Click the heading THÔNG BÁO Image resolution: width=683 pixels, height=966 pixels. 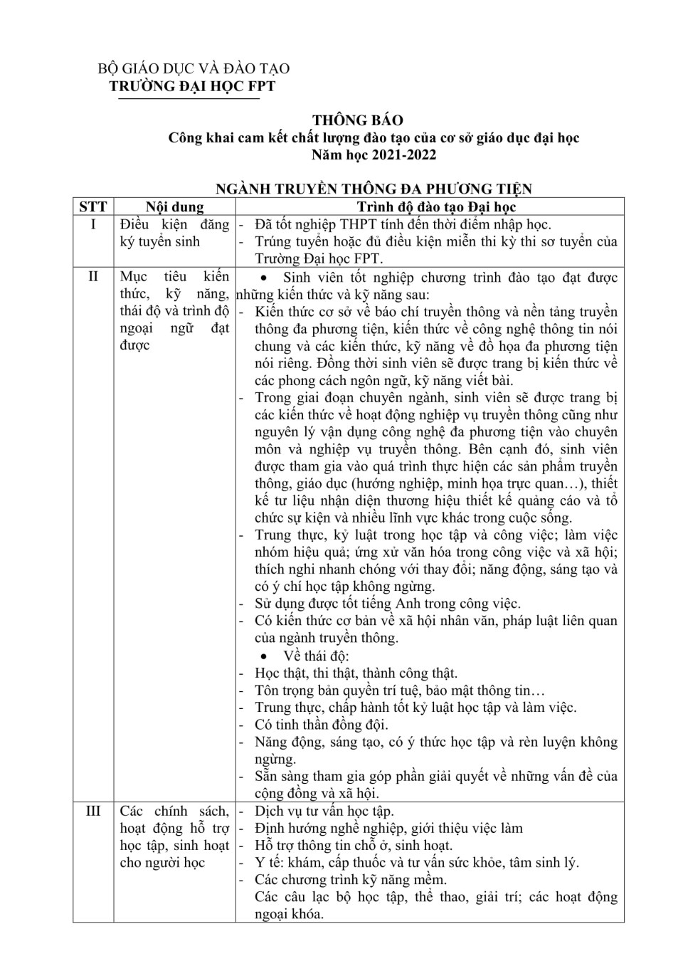[357, 120]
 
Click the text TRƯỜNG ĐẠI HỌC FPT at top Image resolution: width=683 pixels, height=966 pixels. [191, 86]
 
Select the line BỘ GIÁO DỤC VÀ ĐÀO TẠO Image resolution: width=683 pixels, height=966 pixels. [194, 69]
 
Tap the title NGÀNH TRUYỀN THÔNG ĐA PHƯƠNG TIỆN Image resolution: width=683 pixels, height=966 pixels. [374, 189]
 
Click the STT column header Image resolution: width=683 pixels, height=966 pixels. [93, 207]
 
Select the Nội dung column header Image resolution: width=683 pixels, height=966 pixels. [174, 207]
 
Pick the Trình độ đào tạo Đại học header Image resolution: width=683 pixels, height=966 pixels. [435, 207]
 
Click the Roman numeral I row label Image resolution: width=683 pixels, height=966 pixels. [93, 225]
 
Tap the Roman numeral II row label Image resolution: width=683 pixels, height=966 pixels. [93, 277]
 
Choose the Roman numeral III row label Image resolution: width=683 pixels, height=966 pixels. [93, 812]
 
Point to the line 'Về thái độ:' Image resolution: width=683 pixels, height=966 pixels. [316, 656]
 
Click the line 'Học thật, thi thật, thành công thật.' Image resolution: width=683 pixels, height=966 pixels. [356, 673]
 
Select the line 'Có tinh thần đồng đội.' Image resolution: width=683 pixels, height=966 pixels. [322, 725]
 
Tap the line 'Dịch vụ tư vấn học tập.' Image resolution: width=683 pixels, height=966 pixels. [324, 812]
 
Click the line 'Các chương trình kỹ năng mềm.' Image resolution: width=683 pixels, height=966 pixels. [351, 880]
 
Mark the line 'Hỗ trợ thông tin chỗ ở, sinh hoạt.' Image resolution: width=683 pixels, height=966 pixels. [354, 846]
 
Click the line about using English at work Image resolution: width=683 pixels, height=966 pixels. [388, 604]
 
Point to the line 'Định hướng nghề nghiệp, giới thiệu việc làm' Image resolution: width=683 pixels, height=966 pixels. [388, 829]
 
